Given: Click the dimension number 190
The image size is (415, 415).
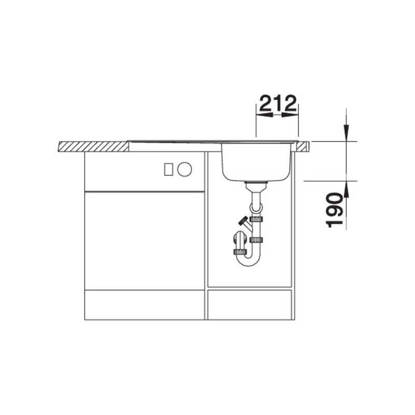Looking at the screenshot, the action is [334, 211].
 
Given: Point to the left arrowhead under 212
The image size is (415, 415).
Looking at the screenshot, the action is [265, 115].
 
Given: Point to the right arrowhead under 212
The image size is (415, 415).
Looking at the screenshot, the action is [290, 115].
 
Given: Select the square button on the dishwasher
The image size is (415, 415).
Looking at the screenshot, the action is [169, 170].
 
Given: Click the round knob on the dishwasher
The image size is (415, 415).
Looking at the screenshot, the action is [185, 170].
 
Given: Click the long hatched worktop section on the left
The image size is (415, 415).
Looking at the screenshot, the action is [93, 146].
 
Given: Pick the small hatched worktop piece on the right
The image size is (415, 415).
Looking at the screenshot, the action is [302, 147].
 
